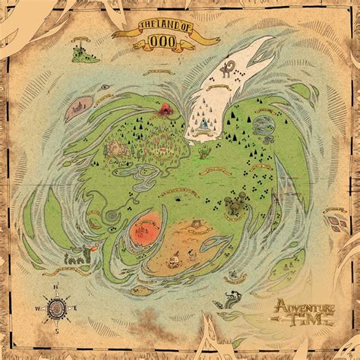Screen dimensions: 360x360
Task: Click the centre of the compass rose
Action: (x=56, y=308)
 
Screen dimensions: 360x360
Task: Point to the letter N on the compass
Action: (x=56, y=286)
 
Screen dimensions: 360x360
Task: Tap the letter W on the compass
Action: (x=36, y=308)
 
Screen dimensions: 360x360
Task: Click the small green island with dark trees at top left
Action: (x=80, y=53)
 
